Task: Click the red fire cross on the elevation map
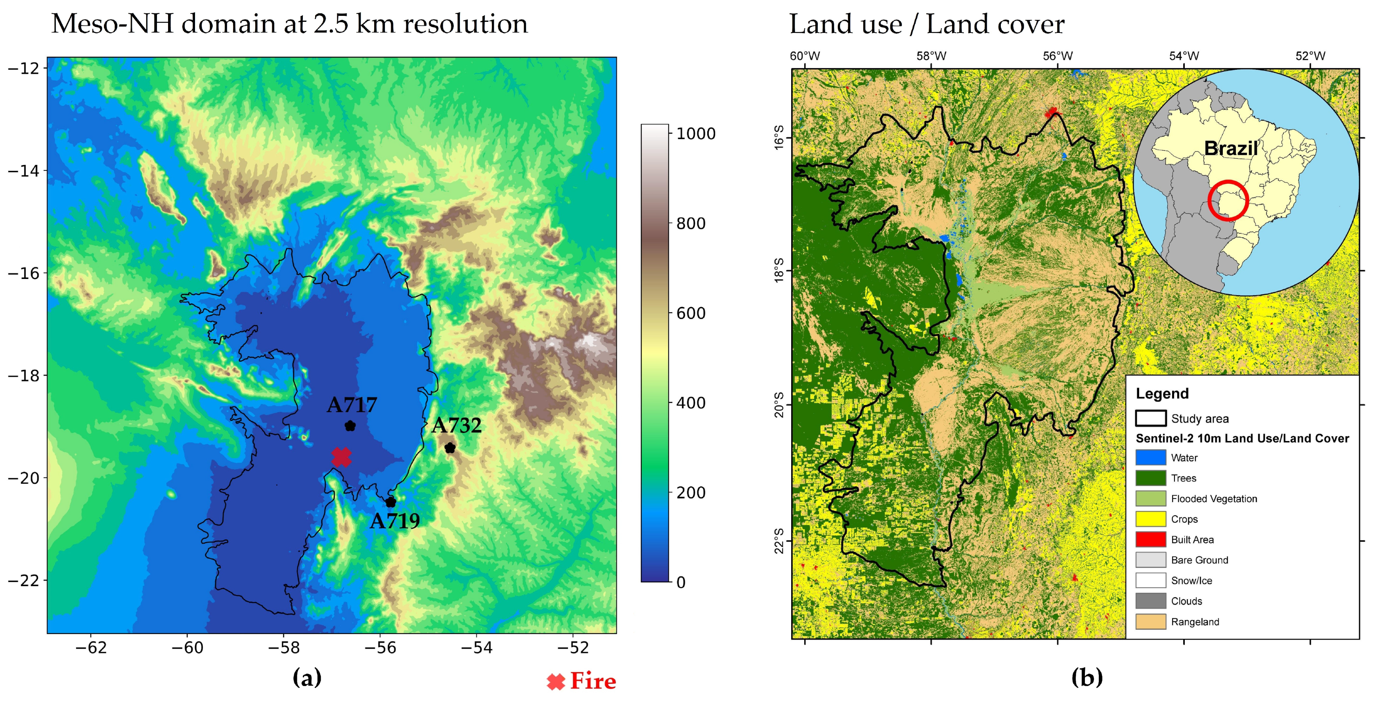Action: (x=341, y=457)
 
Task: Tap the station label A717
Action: (x=352, y=405)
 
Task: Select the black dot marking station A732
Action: (x=450, y=448)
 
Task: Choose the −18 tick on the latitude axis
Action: (x=24, y=375)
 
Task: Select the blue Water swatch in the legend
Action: (x=1150, y=457)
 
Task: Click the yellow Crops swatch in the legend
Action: (x=1150, y=519)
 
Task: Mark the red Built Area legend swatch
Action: (x=1150, y=539)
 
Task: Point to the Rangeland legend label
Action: (x=1195, y=622)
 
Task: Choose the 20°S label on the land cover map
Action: (x=779, y=405)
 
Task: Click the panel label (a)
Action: (x=307, y=678)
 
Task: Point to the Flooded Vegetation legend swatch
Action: (x=1150, y=499)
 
